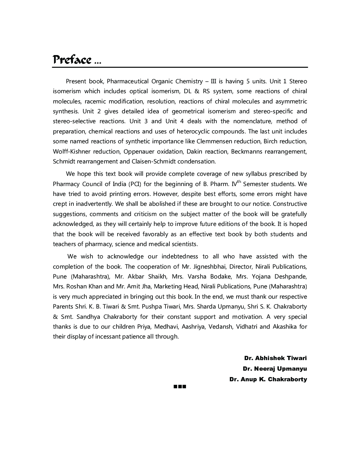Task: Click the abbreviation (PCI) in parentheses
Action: (134, 184)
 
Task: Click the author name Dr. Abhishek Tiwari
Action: (275, 358)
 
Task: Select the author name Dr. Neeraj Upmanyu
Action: (275, 369)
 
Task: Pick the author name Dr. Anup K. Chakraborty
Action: (268, 380)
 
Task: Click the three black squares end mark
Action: (180, 387)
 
